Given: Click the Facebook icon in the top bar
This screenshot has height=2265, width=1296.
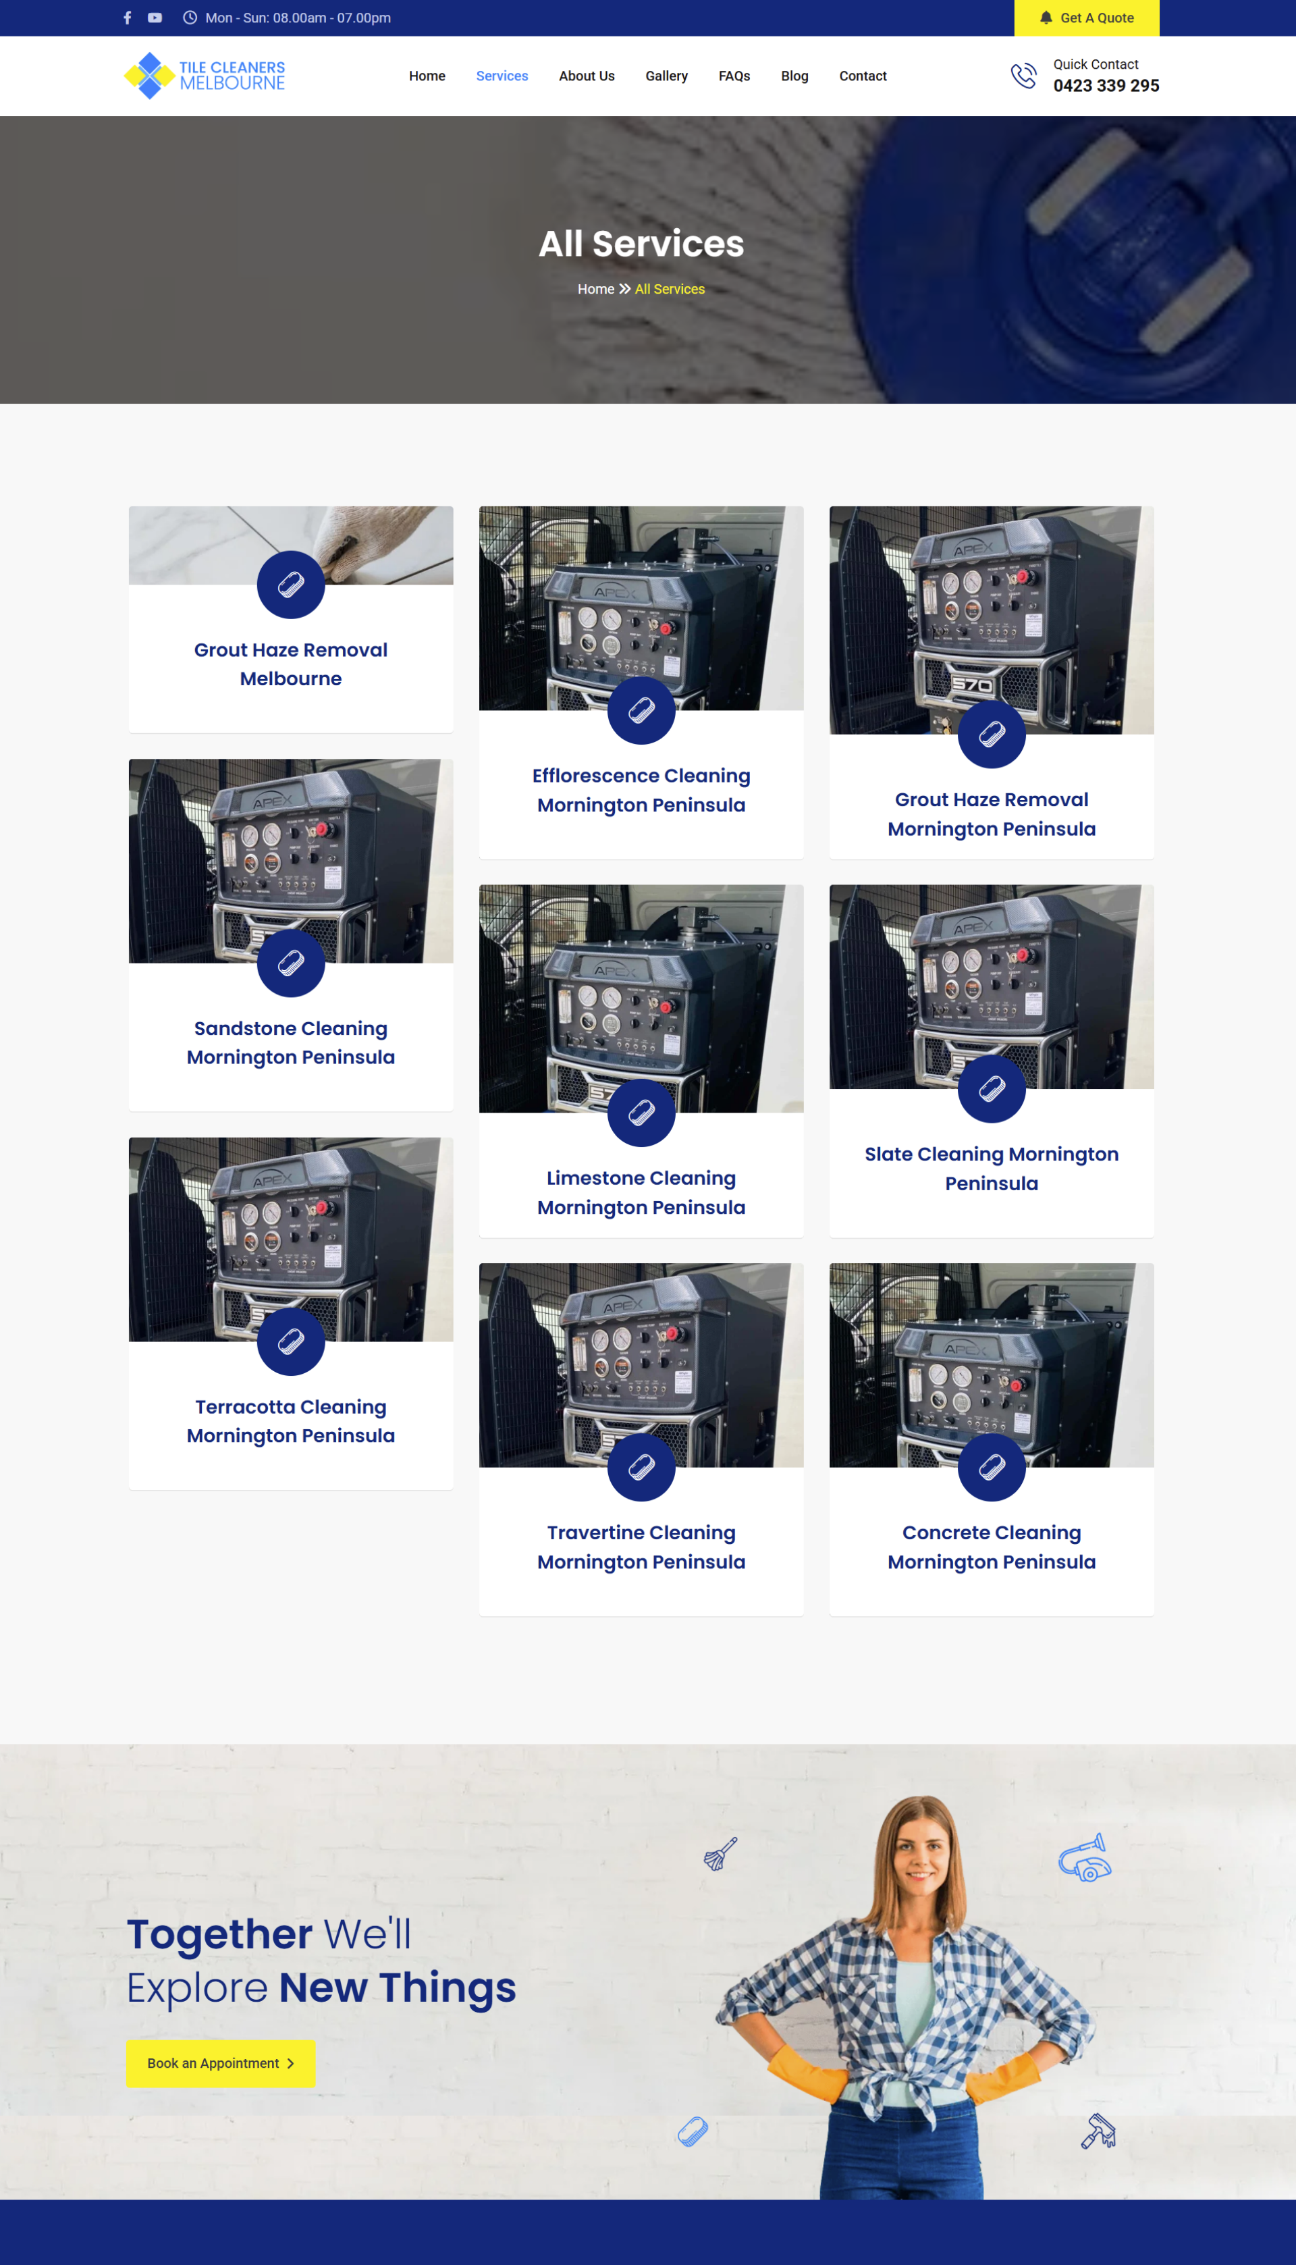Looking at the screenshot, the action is click(128, 18).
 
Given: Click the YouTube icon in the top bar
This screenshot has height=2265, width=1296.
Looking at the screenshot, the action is click(155, 18).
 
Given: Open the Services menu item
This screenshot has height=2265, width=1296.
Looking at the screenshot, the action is click(502, 76).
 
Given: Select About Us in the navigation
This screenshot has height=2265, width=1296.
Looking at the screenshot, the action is click(587, 76).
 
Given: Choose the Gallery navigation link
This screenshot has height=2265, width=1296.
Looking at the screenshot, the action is click(667, 76).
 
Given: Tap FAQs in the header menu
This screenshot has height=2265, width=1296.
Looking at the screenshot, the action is click(734, 76).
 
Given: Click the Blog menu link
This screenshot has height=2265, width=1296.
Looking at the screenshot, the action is click(795, 76).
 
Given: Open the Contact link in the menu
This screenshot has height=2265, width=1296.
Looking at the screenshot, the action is click(863, 76).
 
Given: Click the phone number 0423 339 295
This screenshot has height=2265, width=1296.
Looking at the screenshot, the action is click(1106, 86).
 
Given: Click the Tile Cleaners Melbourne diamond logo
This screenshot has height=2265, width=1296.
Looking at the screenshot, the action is click(150, 76).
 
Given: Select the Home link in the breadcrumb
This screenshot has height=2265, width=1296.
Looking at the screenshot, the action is click(595, 289).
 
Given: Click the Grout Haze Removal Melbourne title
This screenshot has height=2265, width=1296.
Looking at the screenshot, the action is click(291, 664).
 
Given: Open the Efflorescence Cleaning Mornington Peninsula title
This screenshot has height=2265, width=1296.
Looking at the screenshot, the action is click(641, 791).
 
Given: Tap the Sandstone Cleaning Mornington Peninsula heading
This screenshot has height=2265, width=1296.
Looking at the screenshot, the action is click(291, 1042).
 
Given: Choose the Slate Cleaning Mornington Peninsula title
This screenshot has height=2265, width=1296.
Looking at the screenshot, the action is click(992, 1169).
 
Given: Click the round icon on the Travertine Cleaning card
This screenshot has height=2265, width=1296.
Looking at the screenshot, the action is click(641, 1467).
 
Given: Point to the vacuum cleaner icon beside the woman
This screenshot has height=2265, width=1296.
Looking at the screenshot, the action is click(1085, 1857).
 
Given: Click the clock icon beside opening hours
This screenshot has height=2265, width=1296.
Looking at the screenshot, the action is click(190, 18).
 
